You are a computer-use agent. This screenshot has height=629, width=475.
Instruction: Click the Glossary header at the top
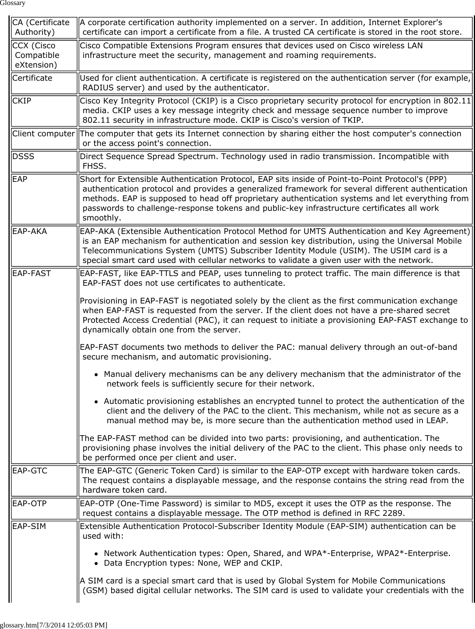click(13, 3)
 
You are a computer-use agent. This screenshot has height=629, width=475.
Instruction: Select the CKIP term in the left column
click(22, 101)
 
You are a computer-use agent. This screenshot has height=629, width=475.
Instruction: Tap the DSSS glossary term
click(23, 157)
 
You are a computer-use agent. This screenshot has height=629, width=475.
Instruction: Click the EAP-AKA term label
click(30, 232)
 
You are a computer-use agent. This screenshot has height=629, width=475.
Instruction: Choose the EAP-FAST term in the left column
click(32, 274)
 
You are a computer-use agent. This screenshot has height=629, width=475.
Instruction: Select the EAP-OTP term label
click(30, 504)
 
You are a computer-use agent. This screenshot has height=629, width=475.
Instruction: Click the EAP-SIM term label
click(29, 526)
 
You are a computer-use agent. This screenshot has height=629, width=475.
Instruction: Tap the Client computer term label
click(44, 134)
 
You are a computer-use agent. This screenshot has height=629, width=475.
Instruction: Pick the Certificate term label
click(32, 78)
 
